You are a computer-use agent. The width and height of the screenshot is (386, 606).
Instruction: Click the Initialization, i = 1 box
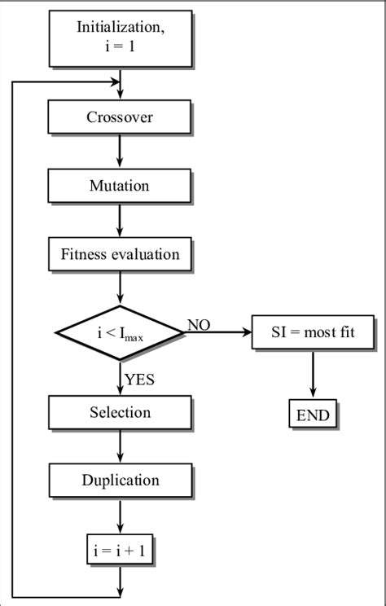(x=120, y=37)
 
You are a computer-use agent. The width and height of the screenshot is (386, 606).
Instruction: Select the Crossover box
(x=120, y=117)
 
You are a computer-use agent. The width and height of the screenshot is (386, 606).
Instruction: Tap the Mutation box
(x=120, y=186)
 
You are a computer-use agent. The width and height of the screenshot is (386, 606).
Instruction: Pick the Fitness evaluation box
(x=120, y=254)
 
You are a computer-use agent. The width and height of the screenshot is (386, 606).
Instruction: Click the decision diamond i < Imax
(x=120, y=332)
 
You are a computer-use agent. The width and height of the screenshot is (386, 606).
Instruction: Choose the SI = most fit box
(x=313, y=332)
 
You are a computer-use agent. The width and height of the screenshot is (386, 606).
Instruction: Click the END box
(x=313, y=415)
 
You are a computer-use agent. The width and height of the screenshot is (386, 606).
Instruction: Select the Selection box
(x=120, y=412)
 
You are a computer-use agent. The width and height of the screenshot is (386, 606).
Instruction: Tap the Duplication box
(x=120, y=480)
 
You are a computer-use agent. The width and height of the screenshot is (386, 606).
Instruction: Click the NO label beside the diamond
(x=199, y=325)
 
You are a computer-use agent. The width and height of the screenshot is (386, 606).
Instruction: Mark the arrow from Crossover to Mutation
(x=120, y=151)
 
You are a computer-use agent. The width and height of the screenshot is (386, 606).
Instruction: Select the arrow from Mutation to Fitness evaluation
(x=120, y=219)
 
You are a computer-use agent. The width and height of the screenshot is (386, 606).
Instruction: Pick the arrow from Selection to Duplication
(x=120, y=446)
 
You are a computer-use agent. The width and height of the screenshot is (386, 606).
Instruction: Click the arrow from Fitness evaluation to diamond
(x=120, y=288)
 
